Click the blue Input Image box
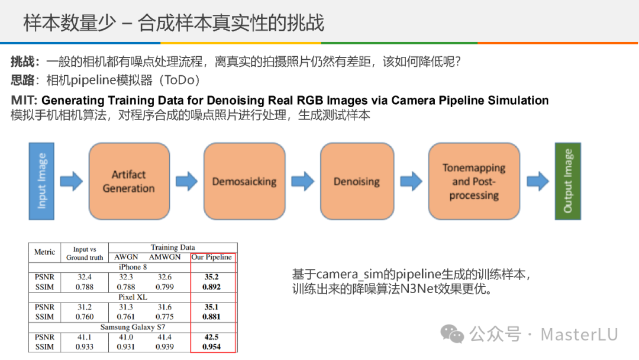(42, 181)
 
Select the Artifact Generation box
(128, 181)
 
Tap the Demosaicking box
(244, 181)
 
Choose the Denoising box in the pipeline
(356, 181)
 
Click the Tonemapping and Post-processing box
(474, 181)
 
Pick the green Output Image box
(567, 181)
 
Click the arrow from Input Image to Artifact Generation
(72, 181)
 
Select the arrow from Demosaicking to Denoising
(302, 181)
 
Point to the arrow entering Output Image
(538, 181)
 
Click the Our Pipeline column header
(212, 258)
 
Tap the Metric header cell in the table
(44, 252)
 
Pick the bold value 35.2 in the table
(212, 277)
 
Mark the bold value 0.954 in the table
(212, 347)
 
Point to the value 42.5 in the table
(212, 337)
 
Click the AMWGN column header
(164, 258)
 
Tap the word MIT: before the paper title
(24, 101)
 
